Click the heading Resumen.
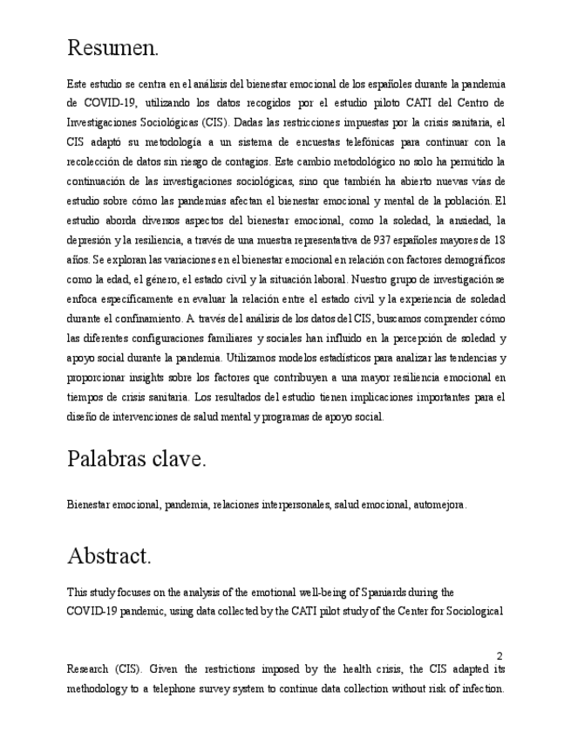click(112, 49)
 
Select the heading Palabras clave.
click(136, 459)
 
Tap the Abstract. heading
click(109, 555)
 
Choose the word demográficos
click(467, 260)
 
